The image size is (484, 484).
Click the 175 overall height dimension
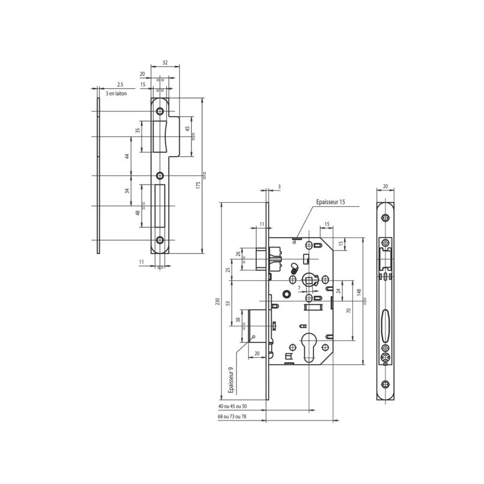198,185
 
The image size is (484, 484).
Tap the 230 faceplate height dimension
217,301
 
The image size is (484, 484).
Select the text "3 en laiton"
116,94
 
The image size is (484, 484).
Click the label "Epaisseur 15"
330,202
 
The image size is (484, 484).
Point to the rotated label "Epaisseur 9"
231,380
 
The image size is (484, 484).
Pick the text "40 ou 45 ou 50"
233,407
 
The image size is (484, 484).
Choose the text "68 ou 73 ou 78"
232,416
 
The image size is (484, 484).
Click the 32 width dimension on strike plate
165,63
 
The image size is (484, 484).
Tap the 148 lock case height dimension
359,293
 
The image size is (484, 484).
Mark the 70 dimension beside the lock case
349,310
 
